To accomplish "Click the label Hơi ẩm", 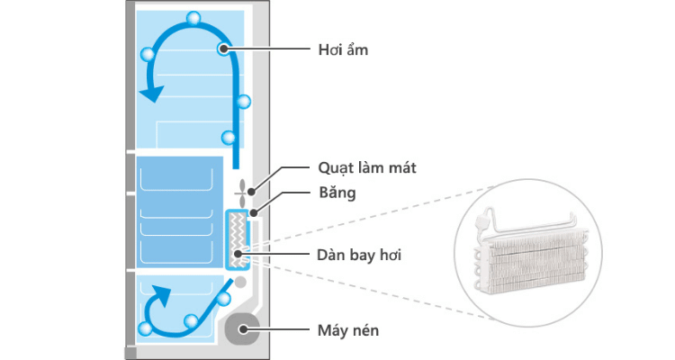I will pos(343,50).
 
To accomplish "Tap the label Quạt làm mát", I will pos(355,167).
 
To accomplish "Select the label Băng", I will pos(336,192).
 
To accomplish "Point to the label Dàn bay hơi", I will pos(359,256).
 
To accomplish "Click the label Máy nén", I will pos(348,330).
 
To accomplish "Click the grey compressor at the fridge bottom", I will pos(243,329).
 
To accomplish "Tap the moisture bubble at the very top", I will pos(193,18).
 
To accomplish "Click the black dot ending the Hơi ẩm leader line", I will pos(224,50).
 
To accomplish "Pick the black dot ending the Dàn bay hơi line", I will pos(237,256).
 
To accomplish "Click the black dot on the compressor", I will pos(243,330).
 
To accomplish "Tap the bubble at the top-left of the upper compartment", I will pos(147,55).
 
